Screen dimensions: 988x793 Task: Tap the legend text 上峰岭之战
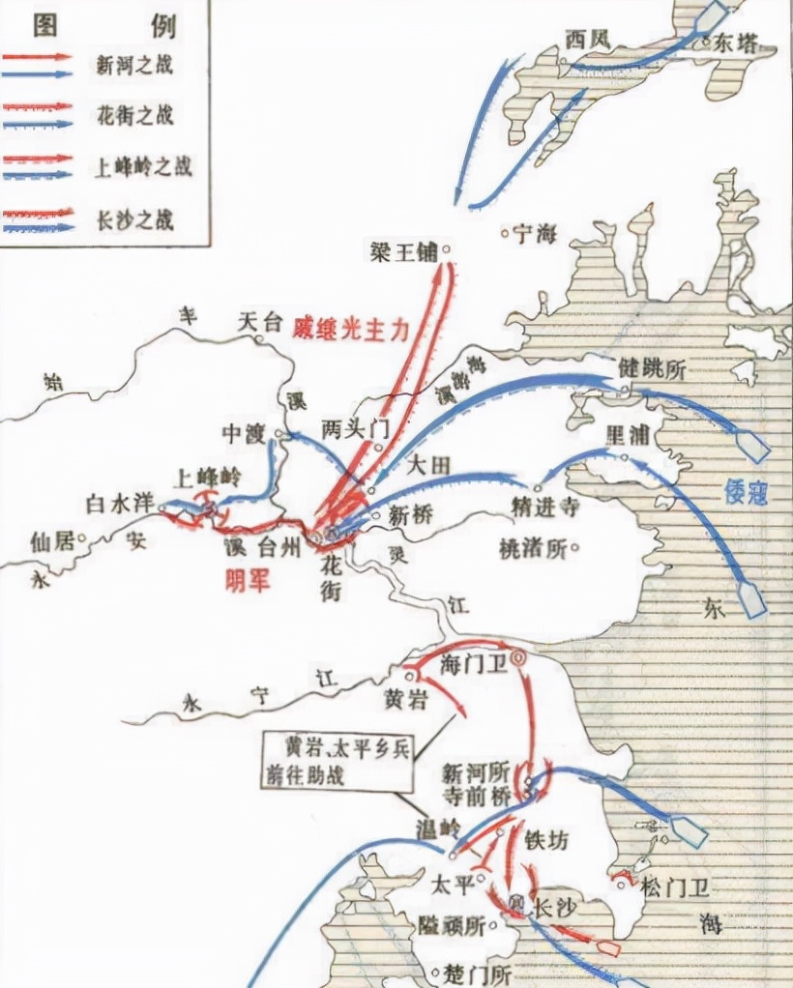click(144, 165)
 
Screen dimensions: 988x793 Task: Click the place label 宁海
click(534, 233)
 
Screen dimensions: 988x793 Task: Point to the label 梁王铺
click(403, 252)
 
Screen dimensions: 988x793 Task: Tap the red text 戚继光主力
click(351, 328)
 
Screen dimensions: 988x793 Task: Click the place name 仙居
click(51, 539)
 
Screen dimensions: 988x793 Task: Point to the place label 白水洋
click(121, 503)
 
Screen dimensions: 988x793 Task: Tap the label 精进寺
click(546, 506)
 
